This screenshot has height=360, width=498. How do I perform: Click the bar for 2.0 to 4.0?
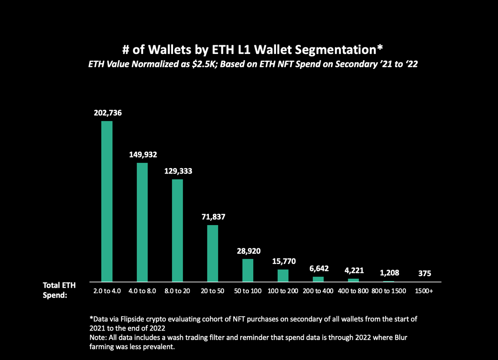[x=107, y=201]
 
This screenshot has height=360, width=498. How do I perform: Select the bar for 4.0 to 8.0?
[x=142, y=222]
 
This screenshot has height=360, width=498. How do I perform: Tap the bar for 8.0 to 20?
[x=178, y=230]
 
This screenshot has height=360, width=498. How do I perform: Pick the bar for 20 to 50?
[x=212, y=253]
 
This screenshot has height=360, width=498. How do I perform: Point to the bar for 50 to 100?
[x=248, y=270]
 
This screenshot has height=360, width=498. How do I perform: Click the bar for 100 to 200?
[x=283, y=276]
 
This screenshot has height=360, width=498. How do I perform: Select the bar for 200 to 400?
[x=318, y=279]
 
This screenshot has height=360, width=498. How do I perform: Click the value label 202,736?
[x=107, y=113]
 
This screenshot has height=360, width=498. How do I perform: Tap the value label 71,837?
[x=212, y=217]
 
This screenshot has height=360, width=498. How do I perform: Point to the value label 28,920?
[x=248, y=251]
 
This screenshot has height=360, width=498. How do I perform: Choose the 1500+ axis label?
[x=424, y=291]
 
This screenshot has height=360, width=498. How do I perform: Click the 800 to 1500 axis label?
[x=389, y=291]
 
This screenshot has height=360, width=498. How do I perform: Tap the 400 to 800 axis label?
[x=354, y=291]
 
